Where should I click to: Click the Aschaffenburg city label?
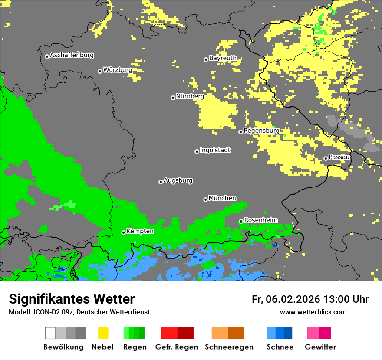72,55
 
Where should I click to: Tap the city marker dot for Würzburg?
100,71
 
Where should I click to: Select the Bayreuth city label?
223,58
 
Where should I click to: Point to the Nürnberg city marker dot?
173,98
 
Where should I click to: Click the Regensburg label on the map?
261,131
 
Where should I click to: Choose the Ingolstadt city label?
215,150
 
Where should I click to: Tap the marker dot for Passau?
326,158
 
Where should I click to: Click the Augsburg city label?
178,180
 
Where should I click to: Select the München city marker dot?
205,200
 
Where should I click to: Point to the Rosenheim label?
260,220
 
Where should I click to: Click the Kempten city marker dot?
123,232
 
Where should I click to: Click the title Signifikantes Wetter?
72,299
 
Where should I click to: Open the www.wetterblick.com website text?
313,312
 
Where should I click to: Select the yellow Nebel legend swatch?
103,333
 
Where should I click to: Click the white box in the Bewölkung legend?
50,333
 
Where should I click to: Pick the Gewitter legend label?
320,347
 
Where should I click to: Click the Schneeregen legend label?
229,347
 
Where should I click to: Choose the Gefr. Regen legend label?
176,347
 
